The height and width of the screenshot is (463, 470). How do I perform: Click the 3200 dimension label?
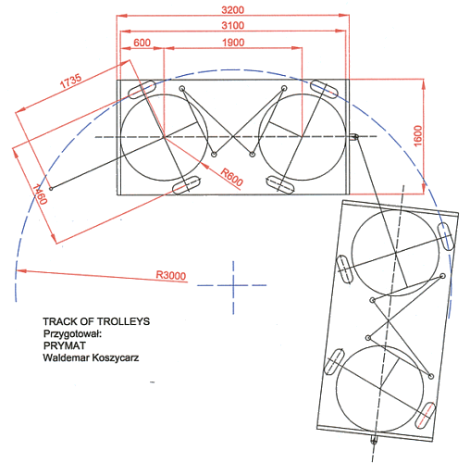[x=233, y=10]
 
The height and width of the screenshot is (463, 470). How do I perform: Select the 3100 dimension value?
[x=233, y=25]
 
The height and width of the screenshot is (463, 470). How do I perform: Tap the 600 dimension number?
[x=142, y=43]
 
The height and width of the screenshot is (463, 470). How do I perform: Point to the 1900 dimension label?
[x=233, y=43]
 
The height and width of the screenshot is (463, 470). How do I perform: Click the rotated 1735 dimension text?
[x=71, y=81]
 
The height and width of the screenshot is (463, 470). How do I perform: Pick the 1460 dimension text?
[x=40, y=194]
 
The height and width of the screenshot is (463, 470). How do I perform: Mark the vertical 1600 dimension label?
[x=417, y=136]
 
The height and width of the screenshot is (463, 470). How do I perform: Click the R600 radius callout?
[x=231, y=177]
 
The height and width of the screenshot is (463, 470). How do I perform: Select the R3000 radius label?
[x=171, y=275]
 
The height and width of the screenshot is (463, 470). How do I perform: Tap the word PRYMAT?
[x=65, y=345]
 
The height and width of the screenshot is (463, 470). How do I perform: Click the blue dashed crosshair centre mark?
[x=233, y=285]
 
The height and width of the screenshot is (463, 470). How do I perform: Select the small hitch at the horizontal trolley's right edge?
[x=354, y=136]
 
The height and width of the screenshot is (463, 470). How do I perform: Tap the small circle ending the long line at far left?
[x=51, y=188]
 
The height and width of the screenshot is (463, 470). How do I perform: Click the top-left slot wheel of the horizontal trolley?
[x=142, y=90]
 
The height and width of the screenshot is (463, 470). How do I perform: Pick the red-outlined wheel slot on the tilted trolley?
[x=426, y=415]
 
